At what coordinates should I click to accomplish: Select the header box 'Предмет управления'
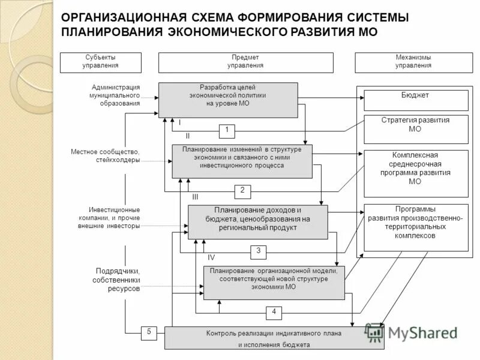coord(245,62)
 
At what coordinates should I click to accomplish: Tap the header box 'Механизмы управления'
coord(413,62)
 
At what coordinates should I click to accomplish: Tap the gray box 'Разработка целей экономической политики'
coord(228,99)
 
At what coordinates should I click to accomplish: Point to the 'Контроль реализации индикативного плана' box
coord(274,338)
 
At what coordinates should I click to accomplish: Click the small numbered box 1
coord(227,130)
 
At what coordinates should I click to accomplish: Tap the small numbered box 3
coord(258,251)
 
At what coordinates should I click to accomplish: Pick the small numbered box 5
coord(148,332)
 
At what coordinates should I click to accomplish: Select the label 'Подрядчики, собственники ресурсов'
coord(116,280)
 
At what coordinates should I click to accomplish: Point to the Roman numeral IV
coord(211,257)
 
